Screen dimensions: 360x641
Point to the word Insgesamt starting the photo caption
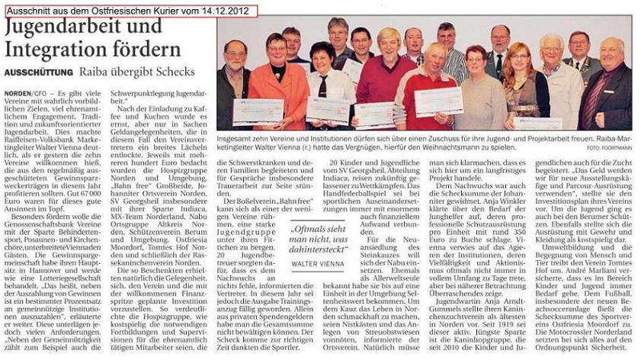(237, 140)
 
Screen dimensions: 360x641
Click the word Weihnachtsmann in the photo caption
(457, 149)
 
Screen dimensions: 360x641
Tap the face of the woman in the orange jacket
(276, 49)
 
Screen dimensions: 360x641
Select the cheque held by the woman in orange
(257, 112)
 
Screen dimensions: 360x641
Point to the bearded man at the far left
(233, 76)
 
